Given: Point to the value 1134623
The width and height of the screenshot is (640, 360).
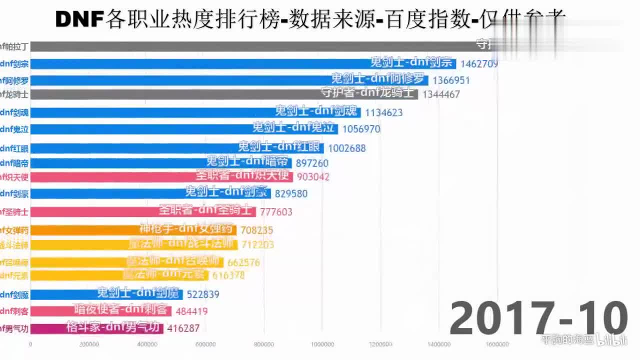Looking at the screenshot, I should [x=383, y=112].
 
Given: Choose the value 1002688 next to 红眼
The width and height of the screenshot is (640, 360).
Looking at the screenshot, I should [x=347, y=148].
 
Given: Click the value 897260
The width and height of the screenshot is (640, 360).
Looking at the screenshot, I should [x=312, y=163].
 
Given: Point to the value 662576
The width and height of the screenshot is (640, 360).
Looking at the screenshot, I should [x=243, y=262].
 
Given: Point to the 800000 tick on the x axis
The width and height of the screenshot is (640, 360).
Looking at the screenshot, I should [x=264, y=344].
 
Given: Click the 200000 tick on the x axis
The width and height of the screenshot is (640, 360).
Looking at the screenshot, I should [x=89, y=344].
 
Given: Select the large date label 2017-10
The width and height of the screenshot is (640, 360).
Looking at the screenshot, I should [x=538, y=318].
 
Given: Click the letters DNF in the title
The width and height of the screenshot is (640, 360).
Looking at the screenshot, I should [x=79, y=19].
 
